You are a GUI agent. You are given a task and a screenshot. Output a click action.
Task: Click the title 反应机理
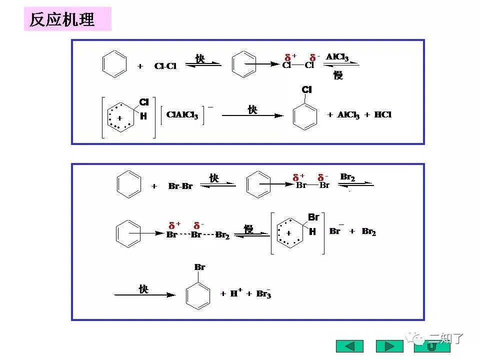coord(62,19)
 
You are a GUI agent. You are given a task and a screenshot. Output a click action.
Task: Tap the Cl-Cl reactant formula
coord(165,66)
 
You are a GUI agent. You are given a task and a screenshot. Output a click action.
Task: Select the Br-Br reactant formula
coord(180,186)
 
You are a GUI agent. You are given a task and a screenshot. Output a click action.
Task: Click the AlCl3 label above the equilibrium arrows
coord(337,57)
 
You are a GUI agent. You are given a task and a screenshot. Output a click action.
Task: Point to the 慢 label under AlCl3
coord(338,75)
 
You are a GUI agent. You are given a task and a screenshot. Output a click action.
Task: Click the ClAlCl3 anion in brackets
coord(182,115)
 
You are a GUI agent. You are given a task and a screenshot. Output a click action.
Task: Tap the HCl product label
coord(382,114)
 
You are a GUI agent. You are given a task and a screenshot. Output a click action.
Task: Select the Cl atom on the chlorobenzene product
coord(306,89)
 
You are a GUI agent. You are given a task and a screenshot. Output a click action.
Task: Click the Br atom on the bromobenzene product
coord(199,267)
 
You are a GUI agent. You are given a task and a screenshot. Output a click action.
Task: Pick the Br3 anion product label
coord(263,293)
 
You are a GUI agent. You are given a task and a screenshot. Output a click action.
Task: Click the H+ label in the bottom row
coord(236,293)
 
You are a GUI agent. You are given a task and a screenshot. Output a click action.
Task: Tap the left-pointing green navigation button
coord(350,346)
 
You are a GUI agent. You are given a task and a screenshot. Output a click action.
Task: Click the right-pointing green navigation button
coord(389,346)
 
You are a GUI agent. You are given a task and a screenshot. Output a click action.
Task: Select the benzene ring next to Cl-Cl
coord(114,65)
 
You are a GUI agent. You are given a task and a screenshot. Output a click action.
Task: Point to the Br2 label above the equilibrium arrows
coord(347,177)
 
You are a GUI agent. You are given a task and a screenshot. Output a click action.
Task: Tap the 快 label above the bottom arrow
coord(143,289)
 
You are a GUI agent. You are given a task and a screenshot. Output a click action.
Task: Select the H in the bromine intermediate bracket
coord(312,231)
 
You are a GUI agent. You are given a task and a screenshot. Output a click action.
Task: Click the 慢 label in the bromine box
coord(248,229)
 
